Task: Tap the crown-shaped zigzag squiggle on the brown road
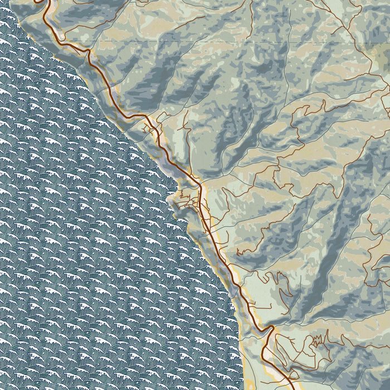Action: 319,339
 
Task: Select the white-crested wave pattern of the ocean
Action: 84,251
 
